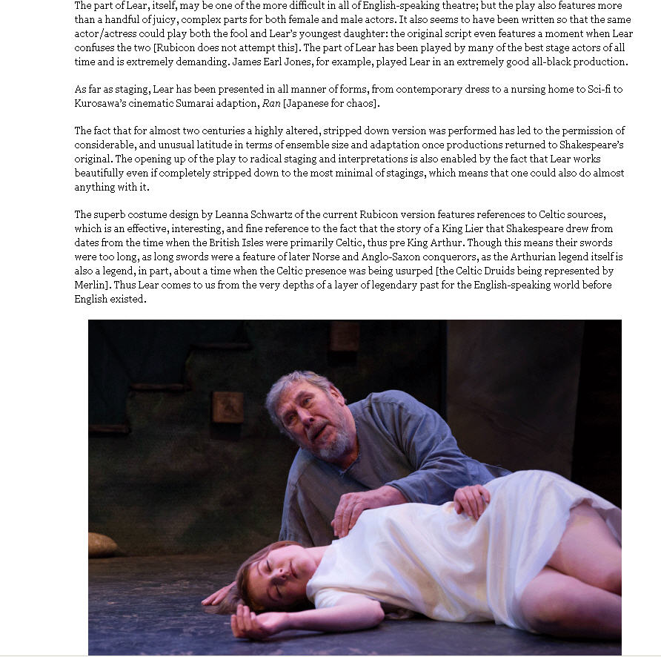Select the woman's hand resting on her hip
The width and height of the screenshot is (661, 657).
[x=471, y=499]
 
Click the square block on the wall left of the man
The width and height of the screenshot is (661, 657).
[x=227, y=406]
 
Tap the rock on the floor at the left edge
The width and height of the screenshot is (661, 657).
[x=102, y=545]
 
